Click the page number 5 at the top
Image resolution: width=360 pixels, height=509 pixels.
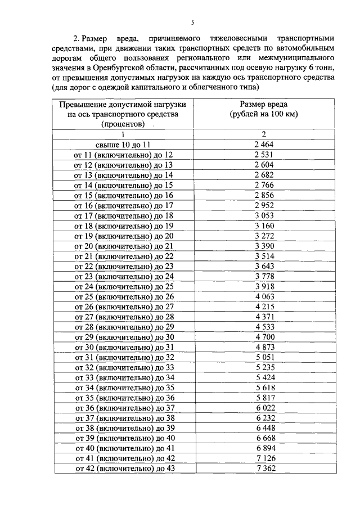[192, 22]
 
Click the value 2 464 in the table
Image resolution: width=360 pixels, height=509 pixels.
[264, 145]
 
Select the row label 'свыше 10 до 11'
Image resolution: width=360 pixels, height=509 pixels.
[123, 145]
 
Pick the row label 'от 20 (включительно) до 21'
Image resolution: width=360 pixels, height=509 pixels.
[123, 246]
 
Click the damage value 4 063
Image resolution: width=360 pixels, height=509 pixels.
[264, 296]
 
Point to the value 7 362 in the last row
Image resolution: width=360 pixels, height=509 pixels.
[264, 469]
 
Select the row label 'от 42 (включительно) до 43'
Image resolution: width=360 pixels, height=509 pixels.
[123, 469]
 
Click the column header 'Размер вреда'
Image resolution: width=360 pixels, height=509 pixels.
[264, 104]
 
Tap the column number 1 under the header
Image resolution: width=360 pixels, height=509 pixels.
[123, 134]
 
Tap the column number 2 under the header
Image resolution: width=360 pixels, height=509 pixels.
[264, 134]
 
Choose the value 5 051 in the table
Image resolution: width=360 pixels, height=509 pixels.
[264, 357]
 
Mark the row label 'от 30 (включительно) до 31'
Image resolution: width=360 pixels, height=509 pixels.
[123, 347]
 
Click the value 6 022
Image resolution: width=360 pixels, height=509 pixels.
[264, 408]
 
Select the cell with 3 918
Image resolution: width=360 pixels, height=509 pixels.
[264, 286]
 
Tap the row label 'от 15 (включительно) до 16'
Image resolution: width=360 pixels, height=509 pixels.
[123, 195]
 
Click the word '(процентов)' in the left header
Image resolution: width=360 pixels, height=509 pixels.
[123, 124]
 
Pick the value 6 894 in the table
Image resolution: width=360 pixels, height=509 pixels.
[264, 448]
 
